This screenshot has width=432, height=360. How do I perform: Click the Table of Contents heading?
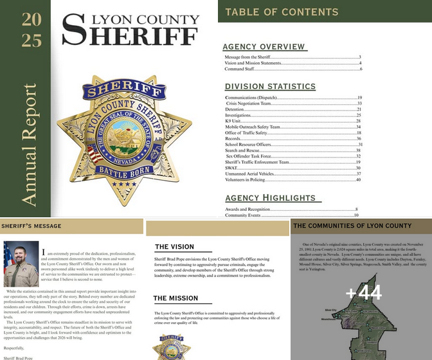pyautogui.click(x=282, y=12)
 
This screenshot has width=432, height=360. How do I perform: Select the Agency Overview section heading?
pyautogui.click(x=264, y=47)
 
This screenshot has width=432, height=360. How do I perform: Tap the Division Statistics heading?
pyautogui.click(x=270, y=86)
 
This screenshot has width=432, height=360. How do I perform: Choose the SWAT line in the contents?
pyautogui.click(x=232, y=168)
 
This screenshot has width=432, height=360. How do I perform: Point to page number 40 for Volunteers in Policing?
pyautogui.click(x=358, y=179)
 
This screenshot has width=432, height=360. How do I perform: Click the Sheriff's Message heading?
pyautogui.click(x=32, y=226)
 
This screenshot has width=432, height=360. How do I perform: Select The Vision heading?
pyautogui.click(x=174, y=247)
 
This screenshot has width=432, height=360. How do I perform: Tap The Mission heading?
pyautogui.click(x=175, y=298)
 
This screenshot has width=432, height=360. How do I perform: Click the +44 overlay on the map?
pyautogui.click(x=363, y=294)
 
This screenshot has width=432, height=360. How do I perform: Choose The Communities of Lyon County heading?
pyautogui.click(x=352, y=226)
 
